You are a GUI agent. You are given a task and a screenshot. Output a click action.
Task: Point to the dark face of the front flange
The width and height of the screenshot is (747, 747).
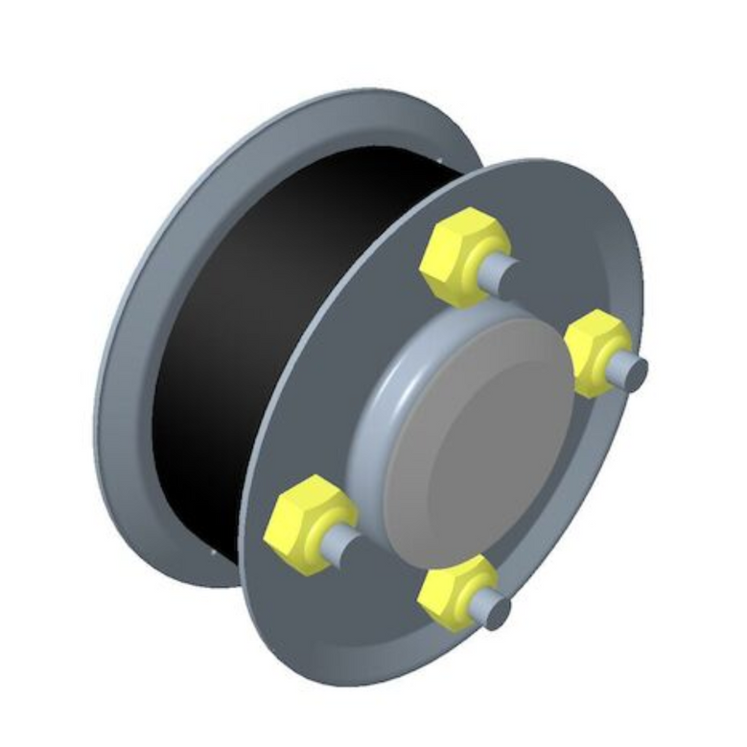click(316, 384)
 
